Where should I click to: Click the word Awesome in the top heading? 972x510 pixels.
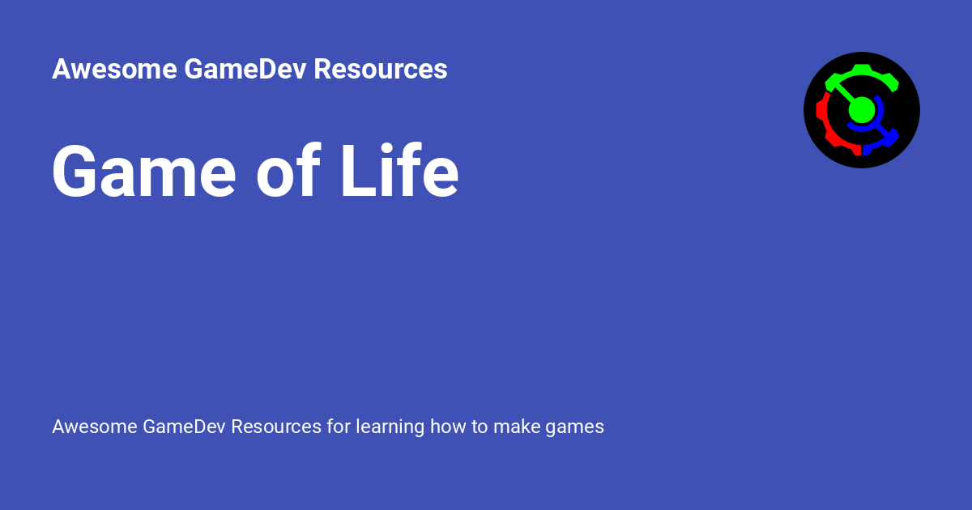(114, 70)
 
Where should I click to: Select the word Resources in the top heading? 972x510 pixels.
(381, 70)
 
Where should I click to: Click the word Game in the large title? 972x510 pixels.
(144, 172)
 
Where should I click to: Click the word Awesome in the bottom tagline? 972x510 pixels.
(94, 427)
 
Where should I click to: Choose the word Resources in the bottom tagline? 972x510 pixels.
(276, 427)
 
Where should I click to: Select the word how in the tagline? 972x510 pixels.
(448, 427)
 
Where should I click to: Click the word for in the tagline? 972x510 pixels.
(339, 427)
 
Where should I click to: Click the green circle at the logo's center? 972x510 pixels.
(862, 110)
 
